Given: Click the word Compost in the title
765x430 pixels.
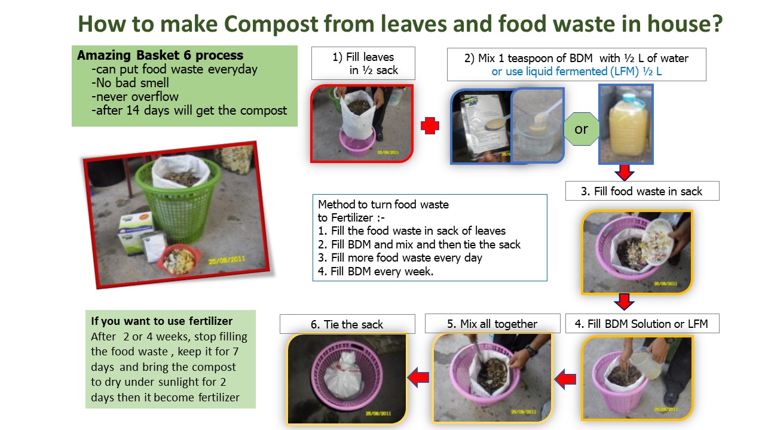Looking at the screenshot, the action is click(x=271, y=24).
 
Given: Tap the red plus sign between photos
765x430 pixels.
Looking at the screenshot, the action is click(x=430, y=125).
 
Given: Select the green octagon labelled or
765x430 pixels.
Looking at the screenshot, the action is click(x=582, y=129).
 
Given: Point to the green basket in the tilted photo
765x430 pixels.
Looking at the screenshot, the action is click(x=179, y=201).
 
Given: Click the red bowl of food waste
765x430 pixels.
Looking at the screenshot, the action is click(x=178, y=260).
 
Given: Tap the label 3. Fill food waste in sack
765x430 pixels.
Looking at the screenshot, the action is click(x=641, y=191).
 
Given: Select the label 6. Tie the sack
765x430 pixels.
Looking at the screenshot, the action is click(x=347, y=324).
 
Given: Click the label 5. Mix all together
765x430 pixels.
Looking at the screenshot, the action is click(x=492, y=324).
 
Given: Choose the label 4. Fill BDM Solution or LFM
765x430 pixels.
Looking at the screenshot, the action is click(x=641, y=324).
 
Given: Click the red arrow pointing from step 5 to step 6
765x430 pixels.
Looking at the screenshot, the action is click(x=418, y=377).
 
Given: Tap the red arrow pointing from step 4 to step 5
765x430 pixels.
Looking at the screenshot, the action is click(x=565, y=379).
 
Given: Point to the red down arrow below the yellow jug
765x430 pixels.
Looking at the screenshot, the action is click(x=625, y=173).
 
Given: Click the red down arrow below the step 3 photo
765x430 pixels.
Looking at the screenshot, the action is click(x=625, y=302).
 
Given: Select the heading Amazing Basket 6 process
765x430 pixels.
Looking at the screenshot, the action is click(x=160, y=56).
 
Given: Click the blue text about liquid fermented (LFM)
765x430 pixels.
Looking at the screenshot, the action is click(x=577, y=72).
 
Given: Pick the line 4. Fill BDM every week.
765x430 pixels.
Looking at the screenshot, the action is click(x=375, y=272).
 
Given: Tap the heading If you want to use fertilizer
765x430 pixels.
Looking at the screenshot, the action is click(x=161, y=321).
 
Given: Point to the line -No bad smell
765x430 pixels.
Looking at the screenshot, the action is click(x=130, y=83).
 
